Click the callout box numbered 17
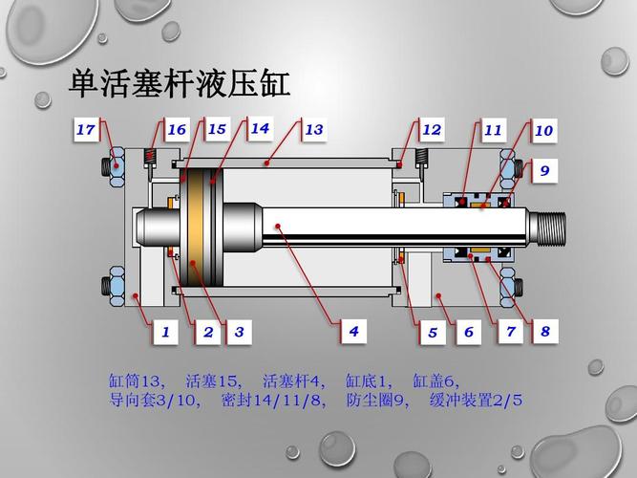(87, 129)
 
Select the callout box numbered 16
(176, 130)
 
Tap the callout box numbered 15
(217, 129)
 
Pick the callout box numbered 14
(260, 128)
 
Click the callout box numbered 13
(314, 129)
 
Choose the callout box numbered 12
(432, 129)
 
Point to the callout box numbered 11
(493, 129)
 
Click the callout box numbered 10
(543, 130)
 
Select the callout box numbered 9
(544, 171)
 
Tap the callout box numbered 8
(544, 332)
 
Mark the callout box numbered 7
(510, 332)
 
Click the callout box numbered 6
(468, 332)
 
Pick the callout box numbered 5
(432, 333)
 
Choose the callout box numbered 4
(353, 331)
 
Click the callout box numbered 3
(239, 332)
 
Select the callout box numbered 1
(164, 332)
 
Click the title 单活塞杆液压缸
(180, 83)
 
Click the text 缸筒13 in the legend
(138, 380)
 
